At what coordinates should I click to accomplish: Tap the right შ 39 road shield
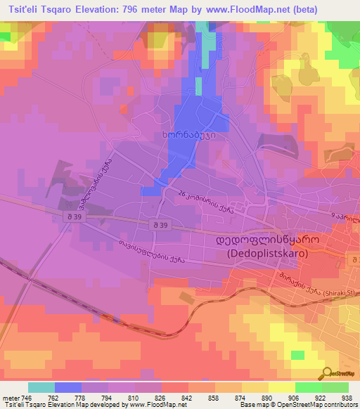click(x=160, y=224)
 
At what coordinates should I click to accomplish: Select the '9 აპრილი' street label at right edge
click(x=346, y=220)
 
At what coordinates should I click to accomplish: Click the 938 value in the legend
click(x=347, y=397)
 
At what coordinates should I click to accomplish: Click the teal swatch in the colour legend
click(x=41, y=387)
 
